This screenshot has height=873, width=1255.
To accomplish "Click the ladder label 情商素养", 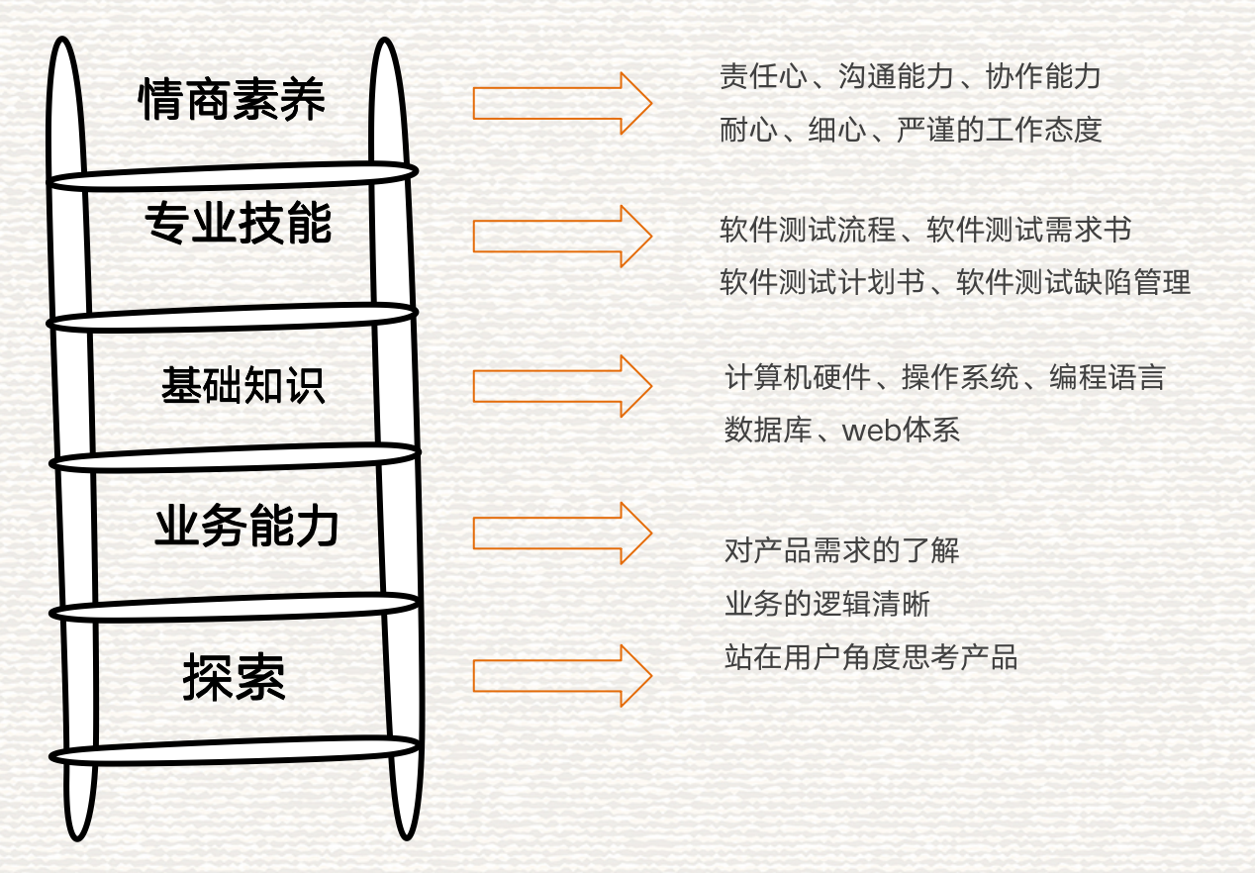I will (x=233, y=100).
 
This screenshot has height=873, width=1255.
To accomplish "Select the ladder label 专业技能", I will (x=238, y=224).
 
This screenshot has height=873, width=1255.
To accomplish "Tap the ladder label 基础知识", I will (x=242, y=386).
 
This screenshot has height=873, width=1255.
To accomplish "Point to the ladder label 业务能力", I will (x=246, y=528).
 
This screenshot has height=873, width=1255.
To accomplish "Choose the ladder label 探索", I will (x=234, y=679).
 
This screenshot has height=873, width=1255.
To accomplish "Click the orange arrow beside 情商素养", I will (x=561, y=103).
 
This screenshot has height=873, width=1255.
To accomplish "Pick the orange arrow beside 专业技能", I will (x=561, y=236).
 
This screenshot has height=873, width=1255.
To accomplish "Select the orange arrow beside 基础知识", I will (x=561, y=385).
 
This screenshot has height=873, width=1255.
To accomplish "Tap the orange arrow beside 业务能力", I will (x=561, y=533).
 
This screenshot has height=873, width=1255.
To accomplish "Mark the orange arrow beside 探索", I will (x=561, y=675).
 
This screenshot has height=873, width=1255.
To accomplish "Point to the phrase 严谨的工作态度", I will (x=999, y=130).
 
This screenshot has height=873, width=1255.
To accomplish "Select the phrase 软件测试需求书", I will (x=1028, y=231).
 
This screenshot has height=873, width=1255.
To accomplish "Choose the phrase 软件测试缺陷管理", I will (x=1073, y=283).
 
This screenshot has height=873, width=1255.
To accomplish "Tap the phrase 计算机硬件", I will (x=798, y=378).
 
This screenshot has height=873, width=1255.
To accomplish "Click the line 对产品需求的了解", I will (x=842, y=550).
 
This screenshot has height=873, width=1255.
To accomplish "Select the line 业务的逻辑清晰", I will (x=827, y=604).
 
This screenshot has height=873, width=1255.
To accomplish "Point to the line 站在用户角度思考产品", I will (x=871, y=657).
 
